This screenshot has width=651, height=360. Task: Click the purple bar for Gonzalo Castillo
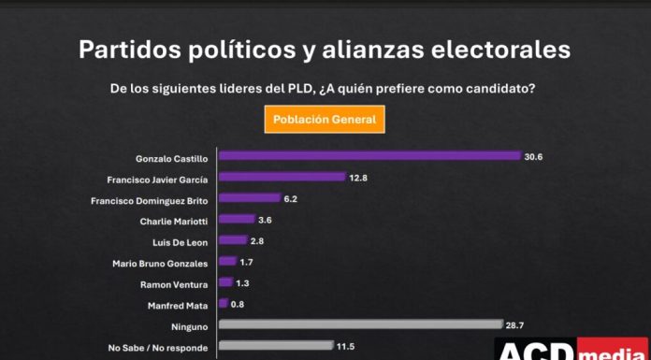369,156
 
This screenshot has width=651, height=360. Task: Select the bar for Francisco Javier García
282,178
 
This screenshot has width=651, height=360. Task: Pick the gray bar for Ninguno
360,324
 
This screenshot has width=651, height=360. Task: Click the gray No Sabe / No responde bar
275,346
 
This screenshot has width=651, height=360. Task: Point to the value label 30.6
534,156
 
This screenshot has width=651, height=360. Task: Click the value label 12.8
359,178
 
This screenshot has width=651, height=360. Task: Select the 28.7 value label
515,324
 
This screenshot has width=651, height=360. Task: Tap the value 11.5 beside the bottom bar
347,346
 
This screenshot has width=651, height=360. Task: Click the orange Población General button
325,120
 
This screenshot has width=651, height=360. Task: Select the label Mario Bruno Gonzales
159,262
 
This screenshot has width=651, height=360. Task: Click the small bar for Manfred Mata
223,304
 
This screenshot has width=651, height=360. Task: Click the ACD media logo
572,350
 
